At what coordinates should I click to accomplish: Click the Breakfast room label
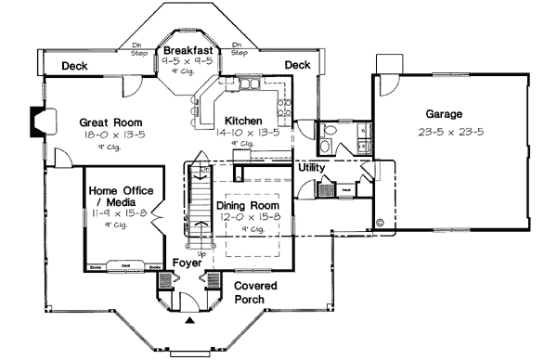(x=188, y=50)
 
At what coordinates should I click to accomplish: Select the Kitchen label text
(x=242, y=121)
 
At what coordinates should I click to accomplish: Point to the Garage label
(x=445, y=114)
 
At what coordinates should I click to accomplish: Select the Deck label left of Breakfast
(x=74, y=66)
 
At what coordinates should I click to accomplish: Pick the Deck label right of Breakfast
(x=297, y=65)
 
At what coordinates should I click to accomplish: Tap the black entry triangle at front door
(x=190, y=321)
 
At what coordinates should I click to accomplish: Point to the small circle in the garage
(x=380, y=223)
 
